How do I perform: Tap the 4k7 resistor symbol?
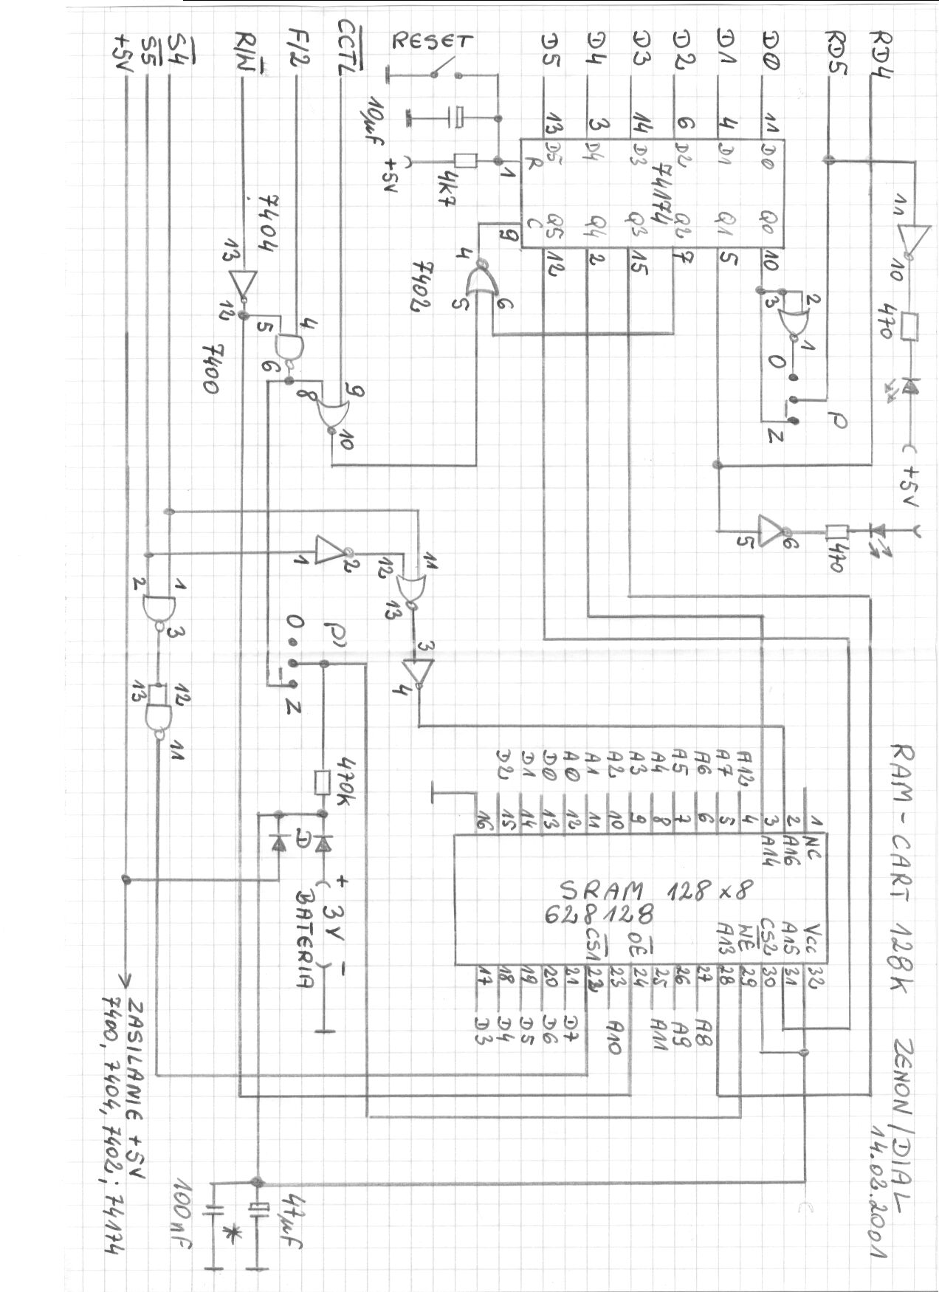[466, 160]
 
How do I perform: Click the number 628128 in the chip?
[599, 915]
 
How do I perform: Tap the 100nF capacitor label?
[182, 1217]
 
